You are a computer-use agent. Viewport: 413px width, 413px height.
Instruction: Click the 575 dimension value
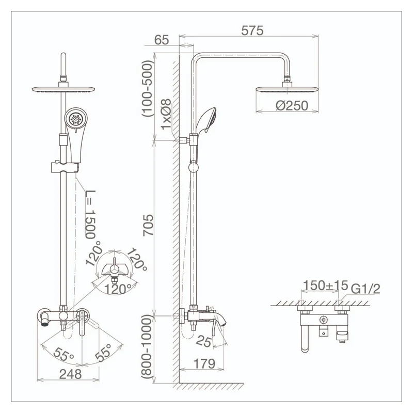click(x=252, y=31)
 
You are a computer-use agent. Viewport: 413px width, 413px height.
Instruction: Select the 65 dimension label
click(x=161, y=40)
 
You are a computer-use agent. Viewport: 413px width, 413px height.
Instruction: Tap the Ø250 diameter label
click(x=292, y=106)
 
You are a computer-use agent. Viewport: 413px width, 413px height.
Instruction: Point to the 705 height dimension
click(x=148, y=225)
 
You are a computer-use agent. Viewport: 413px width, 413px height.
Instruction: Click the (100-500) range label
click(x=147, y=89)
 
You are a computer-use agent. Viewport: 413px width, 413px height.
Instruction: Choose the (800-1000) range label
click(x=147, y=347)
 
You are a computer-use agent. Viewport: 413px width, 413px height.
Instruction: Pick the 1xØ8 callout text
click(x=166, y=114)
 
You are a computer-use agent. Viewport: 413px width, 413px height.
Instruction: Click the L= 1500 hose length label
click(x=90, y=214)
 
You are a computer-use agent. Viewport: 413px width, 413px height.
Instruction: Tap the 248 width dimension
click(x=71, y=374)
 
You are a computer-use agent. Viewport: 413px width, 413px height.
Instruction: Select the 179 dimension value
click(x=204, y=364)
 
